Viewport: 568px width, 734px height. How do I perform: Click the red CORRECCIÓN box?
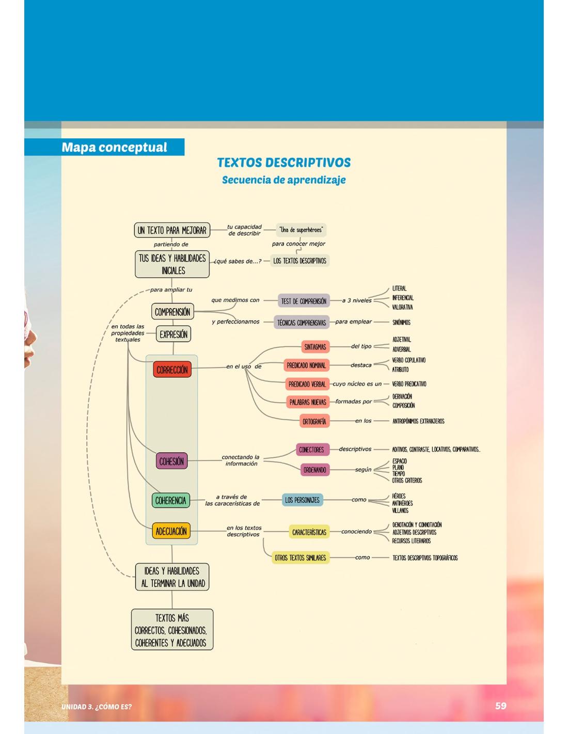tap(172, 370)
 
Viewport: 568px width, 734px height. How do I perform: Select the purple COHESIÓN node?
tap(171, 461)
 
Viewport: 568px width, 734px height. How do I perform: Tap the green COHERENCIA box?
tap(171, 500)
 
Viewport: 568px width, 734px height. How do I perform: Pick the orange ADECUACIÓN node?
tap(171, 531)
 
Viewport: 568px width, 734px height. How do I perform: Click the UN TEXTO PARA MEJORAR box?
tap(172, 230)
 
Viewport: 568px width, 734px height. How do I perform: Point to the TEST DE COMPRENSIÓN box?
tap(304, 301)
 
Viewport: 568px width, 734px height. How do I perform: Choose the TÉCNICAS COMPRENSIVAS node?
tap(302, 323)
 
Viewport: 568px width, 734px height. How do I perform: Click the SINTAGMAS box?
tap(314, 347)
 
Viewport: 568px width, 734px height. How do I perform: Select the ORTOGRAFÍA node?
tap(314, 421)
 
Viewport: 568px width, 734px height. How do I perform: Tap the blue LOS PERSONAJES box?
tap(302, 500)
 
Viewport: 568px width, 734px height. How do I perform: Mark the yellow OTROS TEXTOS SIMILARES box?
tap(301, 557)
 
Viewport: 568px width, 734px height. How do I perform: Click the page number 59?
tap(500, 706)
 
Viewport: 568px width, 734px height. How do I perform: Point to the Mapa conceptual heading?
tap(114, 147)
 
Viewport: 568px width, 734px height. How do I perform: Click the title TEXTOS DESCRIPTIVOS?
tap(283, 163)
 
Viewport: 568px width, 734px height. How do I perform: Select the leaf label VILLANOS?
tap(400, 510)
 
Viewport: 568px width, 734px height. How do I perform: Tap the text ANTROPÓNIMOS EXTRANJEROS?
tap(418, 421)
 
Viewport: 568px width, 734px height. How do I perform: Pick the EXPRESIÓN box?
tap(173, 334)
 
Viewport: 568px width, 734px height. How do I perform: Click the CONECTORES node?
tap(311, 450)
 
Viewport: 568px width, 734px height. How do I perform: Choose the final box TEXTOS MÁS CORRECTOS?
tap(172, 630)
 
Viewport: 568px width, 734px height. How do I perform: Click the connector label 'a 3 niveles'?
tap(357, 300)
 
